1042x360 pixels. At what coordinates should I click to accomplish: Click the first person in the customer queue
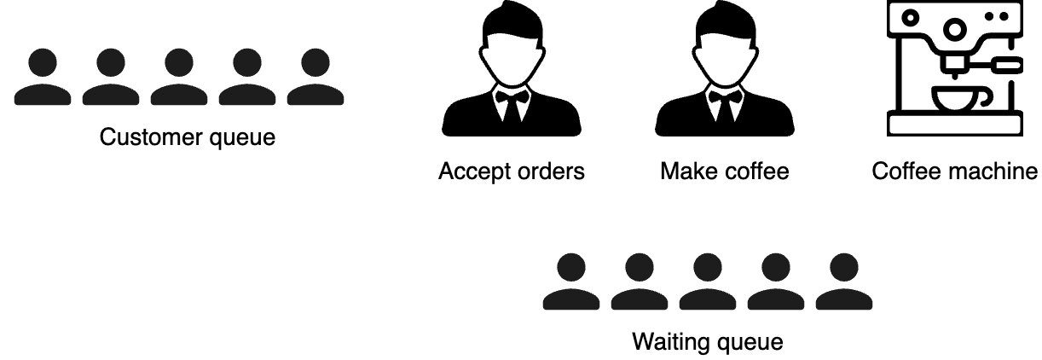click(x=43, y=78)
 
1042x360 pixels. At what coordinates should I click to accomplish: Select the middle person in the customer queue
click(x=179, y=78)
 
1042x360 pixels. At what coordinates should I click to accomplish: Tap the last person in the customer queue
click(x=315, y=78)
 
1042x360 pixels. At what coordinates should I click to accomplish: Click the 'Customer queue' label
click(x=188, y=136)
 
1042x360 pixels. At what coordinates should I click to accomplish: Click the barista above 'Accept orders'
click(x=512, y=77)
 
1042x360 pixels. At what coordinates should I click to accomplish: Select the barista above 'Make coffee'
click(x=725, y=77)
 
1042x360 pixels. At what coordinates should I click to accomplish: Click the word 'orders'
click(x=553, y=171)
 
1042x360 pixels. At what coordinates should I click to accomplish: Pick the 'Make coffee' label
click(x=725, y=171)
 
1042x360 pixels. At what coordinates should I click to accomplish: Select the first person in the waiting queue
click(x=571, y=282)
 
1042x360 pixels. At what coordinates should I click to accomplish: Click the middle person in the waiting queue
click(x=708, y=282)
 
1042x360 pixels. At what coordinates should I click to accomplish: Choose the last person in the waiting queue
click(x=844, y=282)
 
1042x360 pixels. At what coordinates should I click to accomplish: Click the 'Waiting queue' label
click(x=707, y=343)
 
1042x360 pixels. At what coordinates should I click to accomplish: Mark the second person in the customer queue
click(x=111, y=78)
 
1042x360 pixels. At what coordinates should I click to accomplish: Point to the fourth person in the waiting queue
click(x=776, y=282)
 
